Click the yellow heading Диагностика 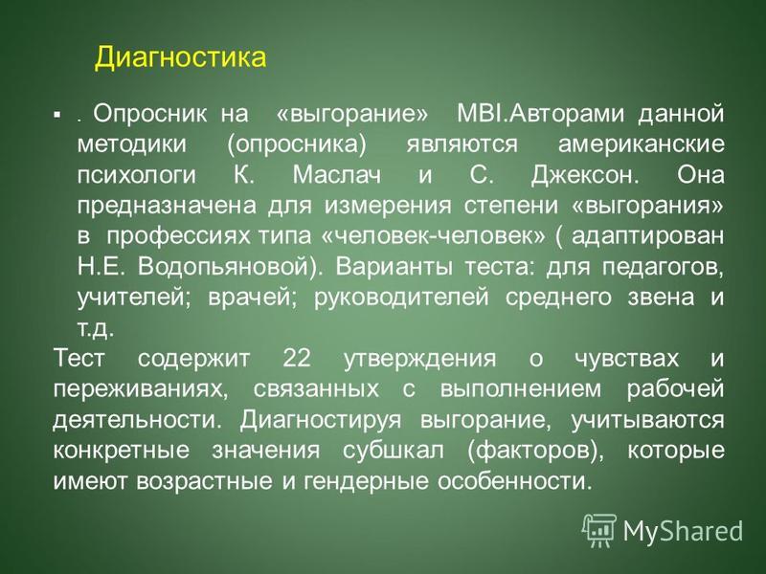(180, 58)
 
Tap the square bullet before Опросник (57, 116)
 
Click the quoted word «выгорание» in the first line (351, 115)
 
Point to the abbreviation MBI (480, 114)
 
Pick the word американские (641, 145)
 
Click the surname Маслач (337, 175)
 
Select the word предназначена (167, 207)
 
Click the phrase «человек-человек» (434, 236)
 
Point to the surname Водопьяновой (227, 268)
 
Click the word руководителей (401, 298)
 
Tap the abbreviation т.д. (96, 329)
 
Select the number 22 (297, 358)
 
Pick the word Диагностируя (321, 421)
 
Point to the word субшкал (394, 451)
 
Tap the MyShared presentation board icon (599, 531)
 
